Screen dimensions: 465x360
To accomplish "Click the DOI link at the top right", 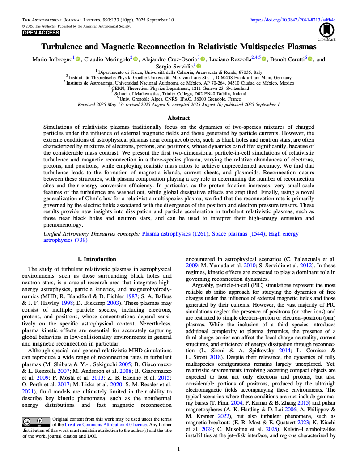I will (x=292, y=20).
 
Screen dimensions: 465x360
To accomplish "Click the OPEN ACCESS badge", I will (x=41, y=33).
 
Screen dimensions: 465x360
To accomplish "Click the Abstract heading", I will (x=179, y=118).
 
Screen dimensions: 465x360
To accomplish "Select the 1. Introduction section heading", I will (x=97, y=259).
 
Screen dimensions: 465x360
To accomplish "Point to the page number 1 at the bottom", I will (x=179, y=448).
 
